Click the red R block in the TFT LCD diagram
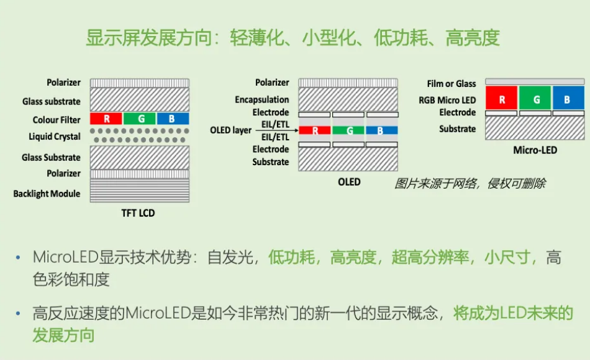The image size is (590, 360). [x=106, y=119]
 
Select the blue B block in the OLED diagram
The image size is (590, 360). [x=382, y=130]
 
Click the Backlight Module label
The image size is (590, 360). [x=47, y=194]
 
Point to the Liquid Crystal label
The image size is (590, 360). [x=55, y=136]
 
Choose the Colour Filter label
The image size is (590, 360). [x=57, y=120]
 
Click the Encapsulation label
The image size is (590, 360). [x=262, y=100]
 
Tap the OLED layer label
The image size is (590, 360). [x=230, y=130]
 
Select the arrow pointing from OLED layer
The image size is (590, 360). [x=277, y=130]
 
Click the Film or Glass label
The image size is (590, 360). [x=451, y=84]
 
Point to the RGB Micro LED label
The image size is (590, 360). [x=447, y=100]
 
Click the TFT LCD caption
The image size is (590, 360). [x=138, y=213]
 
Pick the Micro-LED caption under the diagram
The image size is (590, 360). [x=535, y=150]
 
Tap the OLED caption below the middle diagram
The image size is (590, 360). [x=349, y=182]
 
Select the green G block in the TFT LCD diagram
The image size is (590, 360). [x=140, y=119]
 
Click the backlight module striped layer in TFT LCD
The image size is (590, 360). [x=140, y=191]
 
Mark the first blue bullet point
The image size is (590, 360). [x=18, y=258]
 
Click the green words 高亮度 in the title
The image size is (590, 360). [x=473, y=38]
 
